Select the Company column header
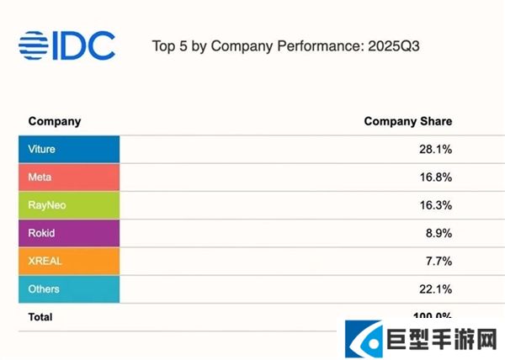pos(55,121)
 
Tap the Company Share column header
pos(408,121)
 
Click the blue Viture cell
pos(69,149)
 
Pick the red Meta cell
pos(69,177)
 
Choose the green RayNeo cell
pos(69,204)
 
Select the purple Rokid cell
pos(69,233)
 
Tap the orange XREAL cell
pos(69,261)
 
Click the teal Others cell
pos(69,289)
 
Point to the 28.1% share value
pos(437,149)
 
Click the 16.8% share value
pos(437,177)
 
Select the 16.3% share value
pos(437,204)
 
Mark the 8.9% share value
pos(440,233)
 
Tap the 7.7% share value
pos(440,261)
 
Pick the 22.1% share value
pos(437,289)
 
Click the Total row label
pos(40,317)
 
